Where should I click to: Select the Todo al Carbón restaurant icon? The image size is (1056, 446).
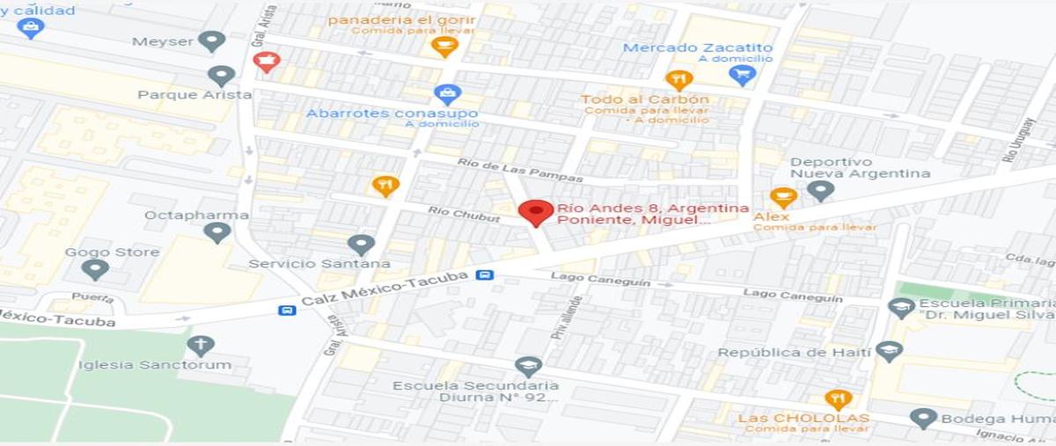click(678, 80)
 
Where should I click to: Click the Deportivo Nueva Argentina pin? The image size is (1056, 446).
click(820, 189)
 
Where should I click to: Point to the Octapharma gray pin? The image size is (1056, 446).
click(216, 231)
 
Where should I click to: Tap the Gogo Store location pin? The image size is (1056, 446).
click(95, 268)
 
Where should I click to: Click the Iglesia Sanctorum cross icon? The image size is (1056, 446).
click(201, 345)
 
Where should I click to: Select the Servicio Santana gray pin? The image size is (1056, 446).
click(361, 244)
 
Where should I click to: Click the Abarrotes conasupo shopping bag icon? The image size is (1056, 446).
click(447, 93)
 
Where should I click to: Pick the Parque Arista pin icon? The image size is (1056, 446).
click(221, 76)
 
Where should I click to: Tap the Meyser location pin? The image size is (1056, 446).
click(211, 40)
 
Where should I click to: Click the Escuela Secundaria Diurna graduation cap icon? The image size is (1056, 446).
click(528, 366)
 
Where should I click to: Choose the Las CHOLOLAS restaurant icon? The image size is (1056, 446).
click(838, 398)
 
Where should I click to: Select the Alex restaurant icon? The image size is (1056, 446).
click(782, 197)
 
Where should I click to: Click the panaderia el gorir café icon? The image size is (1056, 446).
click(444, 45)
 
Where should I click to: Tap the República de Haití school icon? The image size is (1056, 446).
click(889, 351)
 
